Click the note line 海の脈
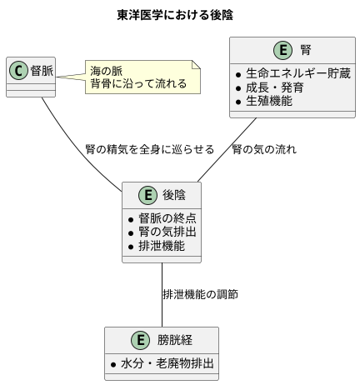tap(107, 72)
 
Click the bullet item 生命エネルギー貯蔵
tap(298, 72)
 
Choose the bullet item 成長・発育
tap(275, 87)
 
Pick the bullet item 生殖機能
tap(275, 101)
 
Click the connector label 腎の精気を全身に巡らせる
tap(150, 150)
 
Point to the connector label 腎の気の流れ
tap(264, 150)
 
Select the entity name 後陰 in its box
tap(174, 195)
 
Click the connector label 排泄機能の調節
tap(201, 295)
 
